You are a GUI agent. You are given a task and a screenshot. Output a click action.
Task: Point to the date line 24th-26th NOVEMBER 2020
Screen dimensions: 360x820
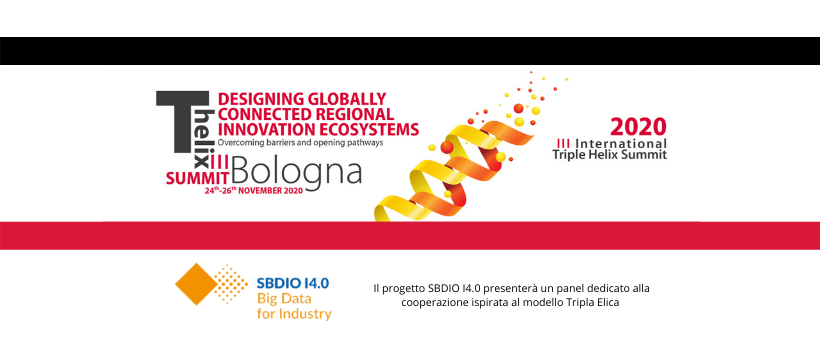pyautogui.click(x=254, y=189)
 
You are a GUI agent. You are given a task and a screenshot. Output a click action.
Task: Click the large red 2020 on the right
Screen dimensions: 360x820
pyautogui.click(x=638, y=128)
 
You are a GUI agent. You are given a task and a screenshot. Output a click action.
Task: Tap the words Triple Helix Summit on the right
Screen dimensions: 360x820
pyautogui.click(x=609, y=155)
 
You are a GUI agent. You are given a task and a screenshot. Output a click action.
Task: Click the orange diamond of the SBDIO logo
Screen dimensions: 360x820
pyautogui.click(x=194, y=284)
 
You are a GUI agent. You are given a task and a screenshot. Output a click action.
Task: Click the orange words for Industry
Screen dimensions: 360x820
pyautogui.click(x=294, y=313)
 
